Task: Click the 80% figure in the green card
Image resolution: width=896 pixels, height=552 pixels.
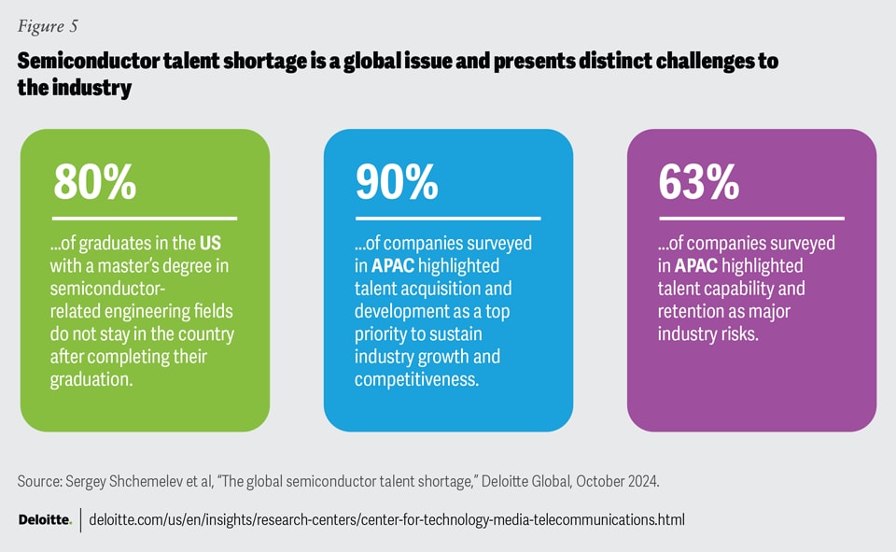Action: pos(94,182)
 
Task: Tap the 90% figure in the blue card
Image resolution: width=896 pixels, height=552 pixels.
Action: pos(397,182)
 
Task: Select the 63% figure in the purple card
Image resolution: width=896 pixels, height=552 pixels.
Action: pos(699,182)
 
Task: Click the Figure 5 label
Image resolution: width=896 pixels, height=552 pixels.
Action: pos(48,25)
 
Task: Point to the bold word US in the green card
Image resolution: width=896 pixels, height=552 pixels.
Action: pos(211,244)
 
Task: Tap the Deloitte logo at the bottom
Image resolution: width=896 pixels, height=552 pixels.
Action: pos(45,519)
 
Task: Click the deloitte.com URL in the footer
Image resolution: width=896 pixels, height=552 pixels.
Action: pos(386,519)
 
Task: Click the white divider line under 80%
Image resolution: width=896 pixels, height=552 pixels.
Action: pos(145,219)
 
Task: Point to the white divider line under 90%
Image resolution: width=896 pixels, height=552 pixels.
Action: pos(448,219)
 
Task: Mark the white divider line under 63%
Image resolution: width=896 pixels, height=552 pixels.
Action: pos(750,219)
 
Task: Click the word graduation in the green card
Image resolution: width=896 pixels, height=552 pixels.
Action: pos(91,379)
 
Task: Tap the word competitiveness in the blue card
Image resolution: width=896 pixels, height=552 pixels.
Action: pos(415,379)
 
